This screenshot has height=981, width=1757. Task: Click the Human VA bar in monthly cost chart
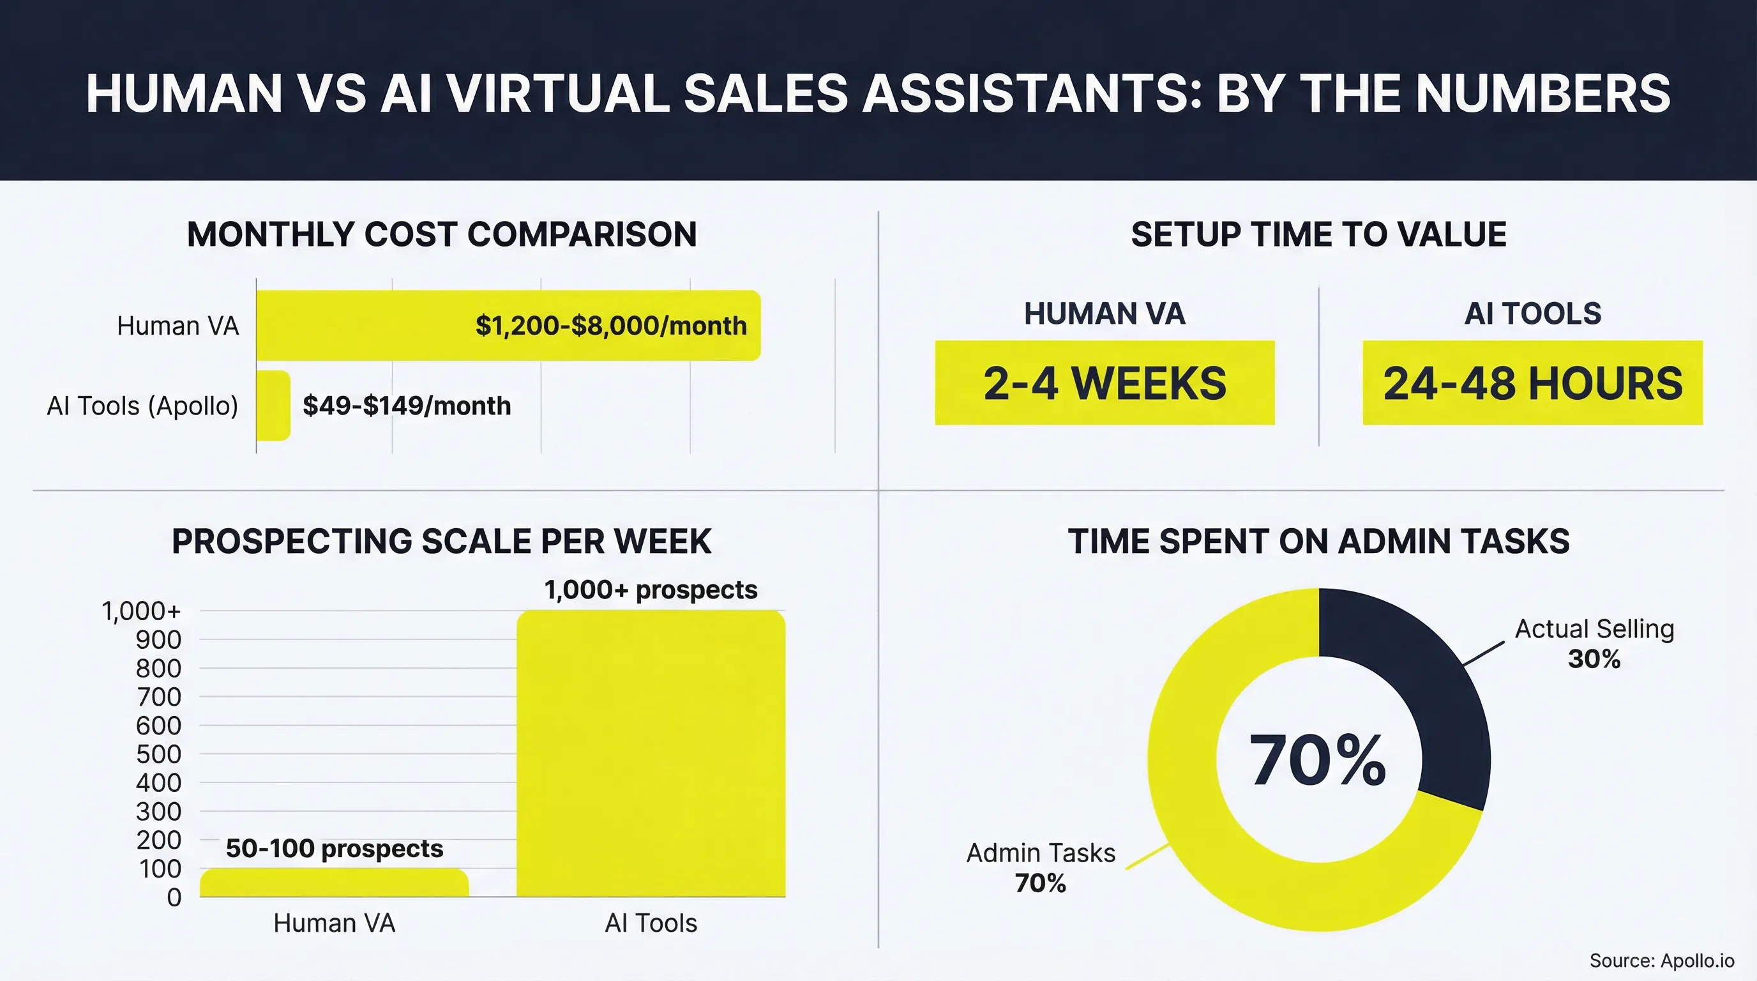tap(361, 326)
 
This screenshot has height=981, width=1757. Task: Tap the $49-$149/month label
tap(407, 406)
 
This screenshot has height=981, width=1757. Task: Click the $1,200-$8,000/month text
tap(611, 326)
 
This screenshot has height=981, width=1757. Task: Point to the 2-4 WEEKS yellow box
tap(1105, 383)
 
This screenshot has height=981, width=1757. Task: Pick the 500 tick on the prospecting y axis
tap(158, 754)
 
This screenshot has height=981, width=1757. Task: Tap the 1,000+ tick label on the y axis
tap(141, 611)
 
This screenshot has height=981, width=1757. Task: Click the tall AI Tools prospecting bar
tap(651, 754)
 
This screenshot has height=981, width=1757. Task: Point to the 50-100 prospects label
tap(334, 849)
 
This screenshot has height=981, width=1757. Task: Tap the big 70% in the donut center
tap(1318, 761)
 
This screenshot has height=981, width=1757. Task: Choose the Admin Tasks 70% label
tap(1041, 868)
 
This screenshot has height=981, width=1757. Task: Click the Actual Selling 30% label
tap(1594, 643)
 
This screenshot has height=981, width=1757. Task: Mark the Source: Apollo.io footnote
tap(1661, 961)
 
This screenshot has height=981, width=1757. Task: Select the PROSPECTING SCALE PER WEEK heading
tap(441, 542)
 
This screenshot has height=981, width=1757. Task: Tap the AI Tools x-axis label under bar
tap(651, 923)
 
